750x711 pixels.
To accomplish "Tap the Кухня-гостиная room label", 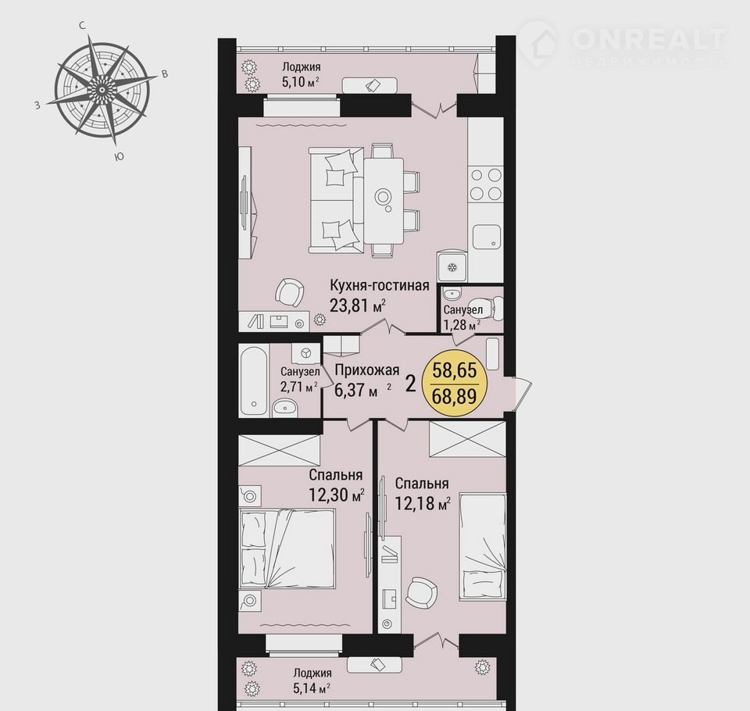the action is (x=380, y=285).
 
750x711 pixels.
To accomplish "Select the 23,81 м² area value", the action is (x=358, y=305).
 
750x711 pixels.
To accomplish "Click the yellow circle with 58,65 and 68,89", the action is (x=455, y=383).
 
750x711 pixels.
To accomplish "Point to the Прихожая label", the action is (x=367, y=370).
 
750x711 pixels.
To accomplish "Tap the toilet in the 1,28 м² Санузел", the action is (x=497, y=309).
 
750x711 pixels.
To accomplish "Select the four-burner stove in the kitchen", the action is (x=485, y=184).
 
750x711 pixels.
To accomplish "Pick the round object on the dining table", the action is (x=382, y=195).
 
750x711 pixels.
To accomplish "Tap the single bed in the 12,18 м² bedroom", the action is (x=482, y=546).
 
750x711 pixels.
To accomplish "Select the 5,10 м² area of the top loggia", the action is (x=300, y=81).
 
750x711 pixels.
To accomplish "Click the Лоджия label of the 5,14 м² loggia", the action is (x=312, y=673).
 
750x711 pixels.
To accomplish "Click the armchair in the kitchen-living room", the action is (x=290, y=291).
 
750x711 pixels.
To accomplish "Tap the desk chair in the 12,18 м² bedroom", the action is (x=421, y=592).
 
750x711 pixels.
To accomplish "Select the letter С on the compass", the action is (x=83, y=26).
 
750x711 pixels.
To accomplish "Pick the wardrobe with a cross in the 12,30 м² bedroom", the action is (x=280, y=450).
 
